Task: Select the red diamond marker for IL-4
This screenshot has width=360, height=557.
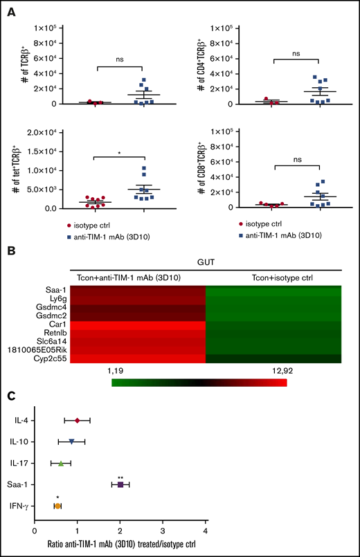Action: click(x=78, y=420)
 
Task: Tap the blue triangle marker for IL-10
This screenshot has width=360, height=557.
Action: click(x=71, y=441)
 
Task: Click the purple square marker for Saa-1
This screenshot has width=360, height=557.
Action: click(x=120, y=484)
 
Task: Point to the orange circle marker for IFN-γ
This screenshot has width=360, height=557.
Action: click(x=57, y=506)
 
